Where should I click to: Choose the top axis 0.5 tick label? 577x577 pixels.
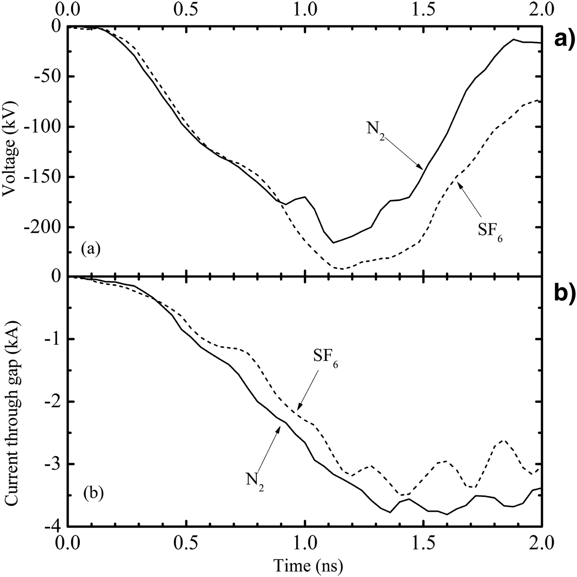(187, 8)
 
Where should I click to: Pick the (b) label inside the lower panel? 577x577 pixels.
(91, 492)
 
